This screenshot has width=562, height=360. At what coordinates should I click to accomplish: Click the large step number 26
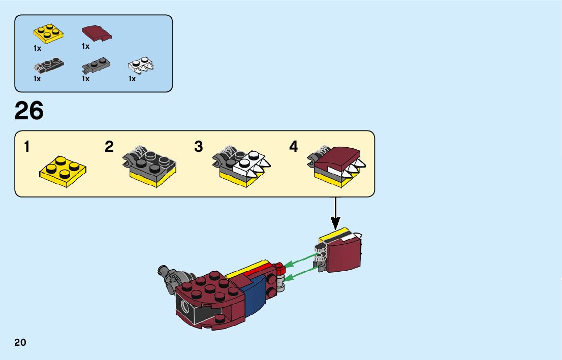click(x=29, y=111)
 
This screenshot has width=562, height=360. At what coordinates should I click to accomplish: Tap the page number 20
click(x=20, y=342)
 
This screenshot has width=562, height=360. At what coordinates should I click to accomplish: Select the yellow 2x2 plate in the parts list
click(x=48, y=33)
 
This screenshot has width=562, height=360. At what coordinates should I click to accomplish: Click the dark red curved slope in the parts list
click(x=96, y=33)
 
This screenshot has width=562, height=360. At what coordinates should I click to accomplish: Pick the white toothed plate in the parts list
click(x=141, y=66)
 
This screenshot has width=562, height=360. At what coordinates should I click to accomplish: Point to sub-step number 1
click(x=26, y=147)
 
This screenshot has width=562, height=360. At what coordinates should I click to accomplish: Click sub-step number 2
click(x=109, y=147)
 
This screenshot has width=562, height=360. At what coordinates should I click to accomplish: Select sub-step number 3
click(x=199, y=147)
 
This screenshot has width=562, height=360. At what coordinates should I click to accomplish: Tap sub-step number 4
click(x=294, y=147)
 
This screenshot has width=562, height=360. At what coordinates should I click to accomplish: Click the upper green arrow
click(x=299, y=260)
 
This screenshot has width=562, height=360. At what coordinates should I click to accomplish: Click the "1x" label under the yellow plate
click(x=37, y=48)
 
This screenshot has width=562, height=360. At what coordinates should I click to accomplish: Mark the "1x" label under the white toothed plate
click(x=132, y=79)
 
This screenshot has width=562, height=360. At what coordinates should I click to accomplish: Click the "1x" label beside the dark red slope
click(x=85, y=46)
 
